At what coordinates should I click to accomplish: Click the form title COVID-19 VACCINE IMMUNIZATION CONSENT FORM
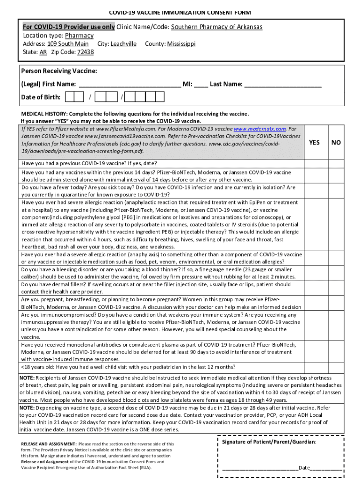(180, 12)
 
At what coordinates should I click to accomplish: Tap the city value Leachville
(123, 44)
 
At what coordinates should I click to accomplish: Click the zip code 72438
(85, 52)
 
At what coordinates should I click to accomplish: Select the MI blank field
(201, 85)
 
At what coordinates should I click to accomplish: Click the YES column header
(315, 143)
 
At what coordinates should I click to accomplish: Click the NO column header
(336, 143)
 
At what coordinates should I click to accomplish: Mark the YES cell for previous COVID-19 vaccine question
(315, 163)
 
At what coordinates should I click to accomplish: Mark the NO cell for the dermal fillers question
(336, 288)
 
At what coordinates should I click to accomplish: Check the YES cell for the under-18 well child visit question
(315, 367)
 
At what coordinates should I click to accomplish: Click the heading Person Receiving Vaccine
(59, 71)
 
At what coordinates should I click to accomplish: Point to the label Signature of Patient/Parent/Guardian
(269, 442)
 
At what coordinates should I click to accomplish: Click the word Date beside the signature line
(304, 467)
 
